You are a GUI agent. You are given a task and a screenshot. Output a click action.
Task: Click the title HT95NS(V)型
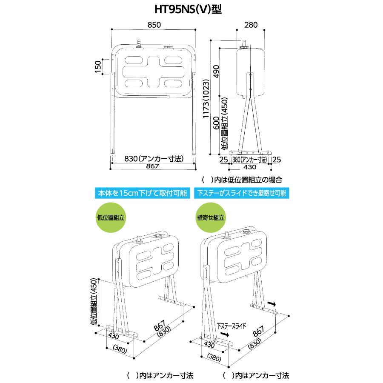point(188,9)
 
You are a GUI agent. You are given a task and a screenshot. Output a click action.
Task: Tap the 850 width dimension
point(154,25)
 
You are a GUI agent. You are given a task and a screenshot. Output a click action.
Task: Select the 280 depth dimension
point(251,25)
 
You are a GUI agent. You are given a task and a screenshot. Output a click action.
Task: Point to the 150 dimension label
point(98,66)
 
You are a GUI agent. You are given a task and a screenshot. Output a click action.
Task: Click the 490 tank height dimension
point(216,71)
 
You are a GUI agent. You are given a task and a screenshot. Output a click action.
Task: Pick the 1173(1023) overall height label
point(206,99)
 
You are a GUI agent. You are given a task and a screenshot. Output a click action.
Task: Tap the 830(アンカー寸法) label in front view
point(154,159)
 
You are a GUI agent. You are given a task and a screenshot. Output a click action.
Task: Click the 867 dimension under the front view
point(153,166)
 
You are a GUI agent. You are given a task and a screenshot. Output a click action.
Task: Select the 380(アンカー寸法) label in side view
point(249,160)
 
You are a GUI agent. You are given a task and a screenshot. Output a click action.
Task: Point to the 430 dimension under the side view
point(250,167)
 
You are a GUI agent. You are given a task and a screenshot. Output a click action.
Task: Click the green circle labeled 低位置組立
point(111,217)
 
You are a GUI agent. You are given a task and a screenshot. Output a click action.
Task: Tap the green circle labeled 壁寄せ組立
point(211,217)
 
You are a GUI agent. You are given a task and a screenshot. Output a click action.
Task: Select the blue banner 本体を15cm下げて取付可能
point(143,193)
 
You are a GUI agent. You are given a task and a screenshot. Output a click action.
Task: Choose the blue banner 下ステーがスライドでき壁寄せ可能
point(242,193)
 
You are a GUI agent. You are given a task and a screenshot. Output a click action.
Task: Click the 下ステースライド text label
point(232,326)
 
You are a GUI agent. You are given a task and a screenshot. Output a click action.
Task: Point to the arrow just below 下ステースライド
point(224,334)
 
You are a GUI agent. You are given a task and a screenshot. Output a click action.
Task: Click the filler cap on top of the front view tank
point(168,46)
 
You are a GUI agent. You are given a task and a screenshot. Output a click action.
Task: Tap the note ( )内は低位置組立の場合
point(242,180)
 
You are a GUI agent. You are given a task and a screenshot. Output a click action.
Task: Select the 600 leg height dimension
point(216,123)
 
